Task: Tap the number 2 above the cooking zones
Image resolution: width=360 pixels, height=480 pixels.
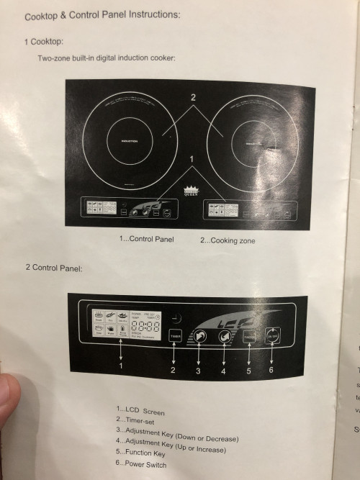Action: click(x=193, y=97)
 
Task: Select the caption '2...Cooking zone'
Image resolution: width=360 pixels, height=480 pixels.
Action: click(x=228, y=240)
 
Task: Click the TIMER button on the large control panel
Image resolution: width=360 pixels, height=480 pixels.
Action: click(x=174, y=335)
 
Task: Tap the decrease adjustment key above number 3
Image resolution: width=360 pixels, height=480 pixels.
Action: click(x=199, y=335)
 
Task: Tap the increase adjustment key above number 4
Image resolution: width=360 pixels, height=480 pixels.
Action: click(x=224, y=335)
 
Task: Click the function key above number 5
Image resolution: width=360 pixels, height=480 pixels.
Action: click(x=249, y=335)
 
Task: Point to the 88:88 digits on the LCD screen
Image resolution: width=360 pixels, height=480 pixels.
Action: click(x=146, y=326)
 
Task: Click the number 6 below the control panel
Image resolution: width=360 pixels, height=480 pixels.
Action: click(x=271, y=370)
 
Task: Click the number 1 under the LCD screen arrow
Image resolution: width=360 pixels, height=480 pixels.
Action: click(x=121, y=366)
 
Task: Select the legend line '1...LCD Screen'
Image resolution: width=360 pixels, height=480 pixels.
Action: click(x=140, y=412)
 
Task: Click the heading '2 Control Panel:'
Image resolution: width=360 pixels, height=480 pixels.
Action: click(x=54, y=268)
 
